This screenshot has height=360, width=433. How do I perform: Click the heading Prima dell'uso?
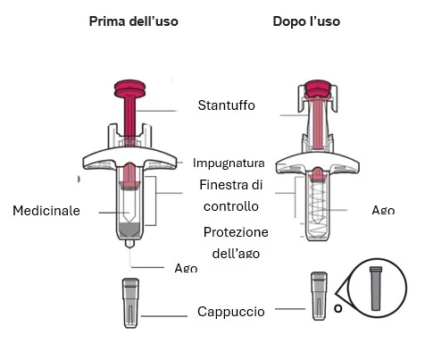(x=134, y=21)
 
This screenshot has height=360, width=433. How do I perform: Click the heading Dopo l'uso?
(x=306, y=21)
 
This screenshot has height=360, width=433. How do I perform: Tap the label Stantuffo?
(x=227, y=105)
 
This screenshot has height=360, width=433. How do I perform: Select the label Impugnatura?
(x=229, y=163)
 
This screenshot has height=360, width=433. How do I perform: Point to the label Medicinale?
(x=46, y=211)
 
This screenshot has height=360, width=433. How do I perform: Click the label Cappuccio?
(x=231, y=312)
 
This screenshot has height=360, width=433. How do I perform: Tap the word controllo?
(x=231, y=206)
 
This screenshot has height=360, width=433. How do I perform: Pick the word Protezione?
(x=236, y=232)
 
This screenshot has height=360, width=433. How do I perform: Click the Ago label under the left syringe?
(x=186, y=268)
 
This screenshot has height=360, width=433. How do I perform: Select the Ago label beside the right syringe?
(x=383, y=210)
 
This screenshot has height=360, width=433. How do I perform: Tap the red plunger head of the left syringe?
(x=130, y=88)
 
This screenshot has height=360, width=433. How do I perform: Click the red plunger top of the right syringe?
(x=317, y=88)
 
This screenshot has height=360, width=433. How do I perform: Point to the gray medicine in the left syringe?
(x=129, y=230)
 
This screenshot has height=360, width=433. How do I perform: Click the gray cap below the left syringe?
(x=131, y=303)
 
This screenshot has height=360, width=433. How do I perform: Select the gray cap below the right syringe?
(x=320, y=296)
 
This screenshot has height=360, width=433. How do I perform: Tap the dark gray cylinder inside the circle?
(x=376, y=289)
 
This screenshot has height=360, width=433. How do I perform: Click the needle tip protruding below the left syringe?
(x=129, y=244)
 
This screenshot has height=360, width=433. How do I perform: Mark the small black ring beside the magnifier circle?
(x=338, y=308)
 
